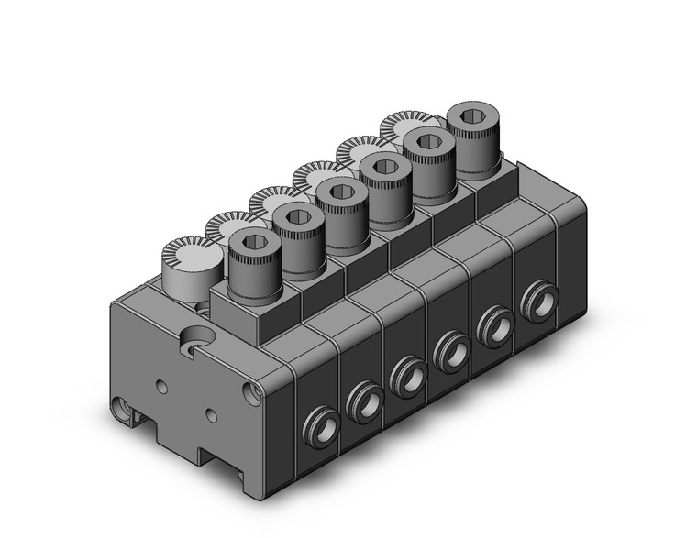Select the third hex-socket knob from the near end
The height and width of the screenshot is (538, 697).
(339, 192)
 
